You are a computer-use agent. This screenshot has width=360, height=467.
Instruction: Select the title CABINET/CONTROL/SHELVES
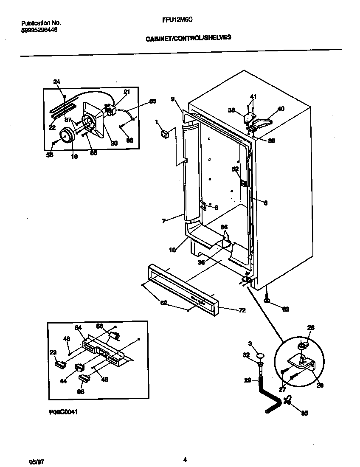[x=188, y=37]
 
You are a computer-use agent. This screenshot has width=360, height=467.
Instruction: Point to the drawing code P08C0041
[x=63, y=412]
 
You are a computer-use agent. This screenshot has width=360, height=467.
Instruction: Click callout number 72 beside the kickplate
[x=242, y=311]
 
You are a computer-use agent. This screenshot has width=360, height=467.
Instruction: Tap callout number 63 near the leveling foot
[x=285, y=309]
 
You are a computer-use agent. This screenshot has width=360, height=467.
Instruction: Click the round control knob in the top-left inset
[x=67, y=135]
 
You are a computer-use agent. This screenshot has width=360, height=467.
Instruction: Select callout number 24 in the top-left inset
[x=57, y=82]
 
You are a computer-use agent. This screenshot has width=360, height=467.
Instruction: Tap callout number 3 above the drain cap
[x=250, y=343]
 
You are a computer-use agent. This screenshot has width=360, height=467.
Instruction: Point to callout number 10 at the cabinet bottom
[x=172, y=250]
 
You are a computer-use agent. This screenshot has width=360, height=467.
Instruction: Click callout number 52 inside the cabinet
[x=234, y=169]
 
